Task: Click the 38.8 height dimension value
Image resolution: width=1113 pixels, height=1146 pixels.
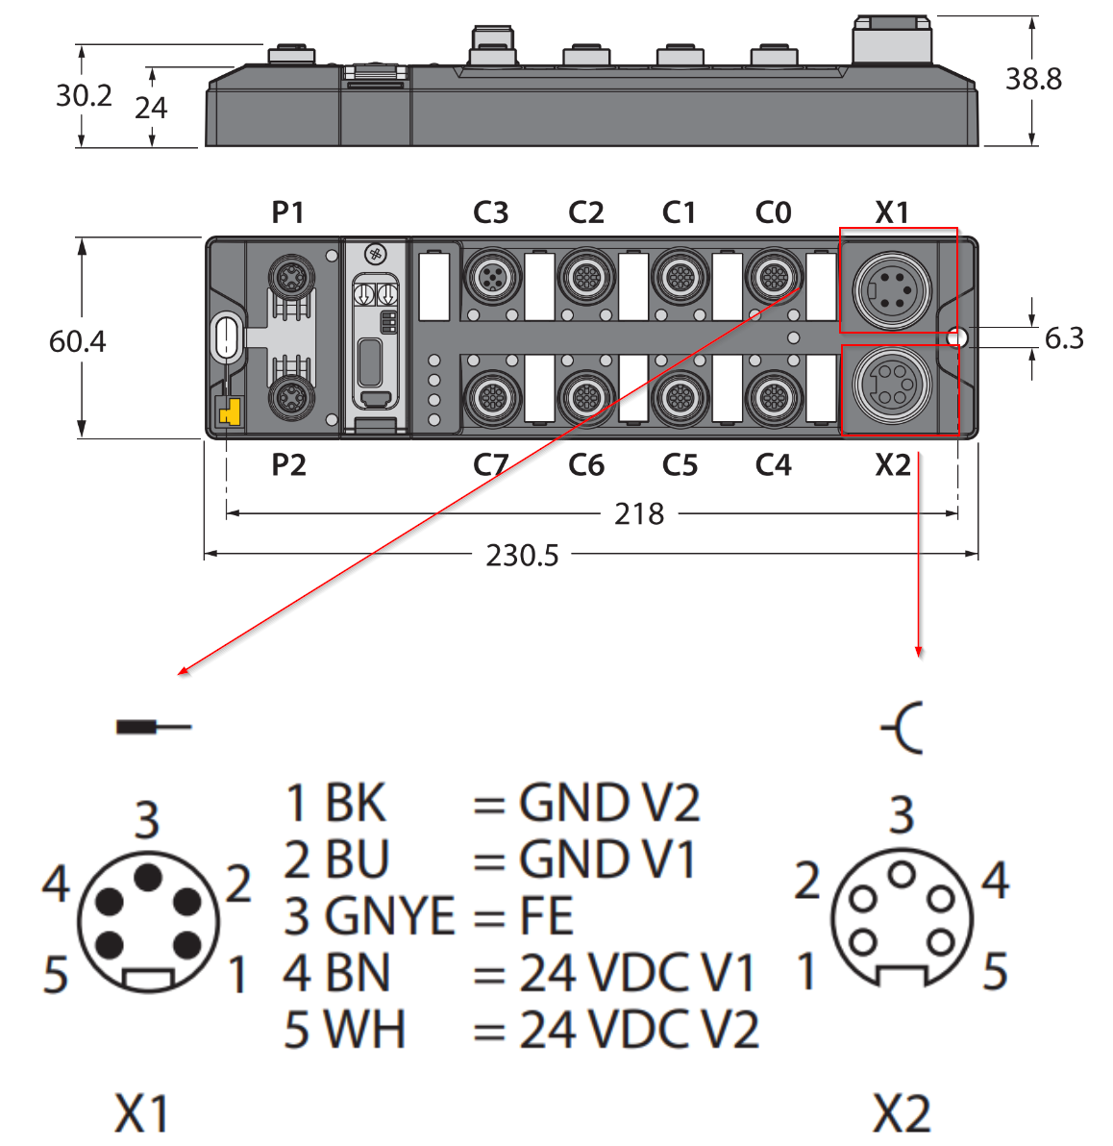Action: click(1032, 79)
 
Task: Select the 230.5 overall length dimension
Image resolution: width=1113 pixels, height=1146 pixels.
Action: click(522, 556)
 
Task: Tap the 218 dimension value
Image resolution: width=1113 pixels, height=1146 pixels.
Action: click(639, 513)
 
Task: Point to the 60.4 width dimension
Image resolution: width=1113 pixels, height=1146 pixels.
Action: click(77, 341)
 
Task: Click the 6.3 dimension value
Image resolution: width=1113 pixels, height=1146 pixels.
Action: click(1063, 338)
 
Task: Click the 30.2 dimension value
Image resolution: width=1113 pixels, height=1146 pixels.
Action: click(84, 96)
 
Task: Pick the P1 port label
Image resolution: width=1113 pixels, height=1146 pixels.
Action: click(287, 212)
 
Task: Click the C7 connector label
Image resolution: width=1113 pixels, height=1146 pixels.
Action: click(490, 464)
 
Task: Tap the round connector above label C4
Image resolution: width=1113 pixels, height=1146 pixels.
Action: click(773, 398)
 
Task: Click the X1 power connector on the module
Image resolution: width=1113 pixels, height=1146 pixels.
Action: click(892, 289)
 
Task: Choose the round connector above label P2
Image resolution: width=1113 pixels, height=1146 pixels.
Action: click(291, 398)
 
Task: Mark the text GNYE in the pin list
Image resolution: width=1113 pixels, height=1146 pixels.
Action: click(389, 916)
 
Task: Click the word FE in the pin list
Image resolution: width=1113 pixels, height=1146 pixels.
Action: click(546, 916)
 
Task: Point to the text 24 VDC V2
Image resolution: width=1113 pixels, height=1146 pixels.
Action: click(639, 1030)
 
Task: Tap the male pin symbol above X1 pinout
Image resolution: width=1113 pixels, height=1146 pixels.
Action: click(154, 727)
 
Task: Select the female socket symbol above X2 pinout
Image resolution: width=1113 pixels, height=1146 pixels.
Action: click(903, 728)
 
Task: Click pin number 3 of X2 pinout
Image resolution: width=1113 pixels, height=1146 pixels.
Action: click(902, 814)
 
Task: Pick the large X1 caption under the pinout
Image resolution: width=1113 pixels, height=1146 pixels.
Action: click(142, 1113)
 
